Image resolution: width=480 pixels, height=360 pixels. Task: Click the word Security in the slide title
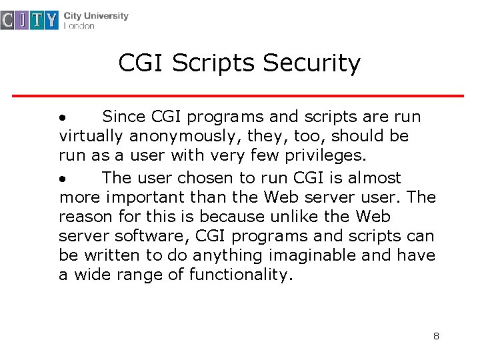pos(311,64)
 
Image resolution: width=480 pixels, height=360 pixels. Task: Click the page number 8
pos(436,336)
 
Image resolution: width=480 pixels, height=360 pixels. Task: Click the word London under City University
pos(79,27)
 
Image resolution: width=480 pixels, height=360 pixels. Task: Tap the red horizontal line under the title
pos(238,96)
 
